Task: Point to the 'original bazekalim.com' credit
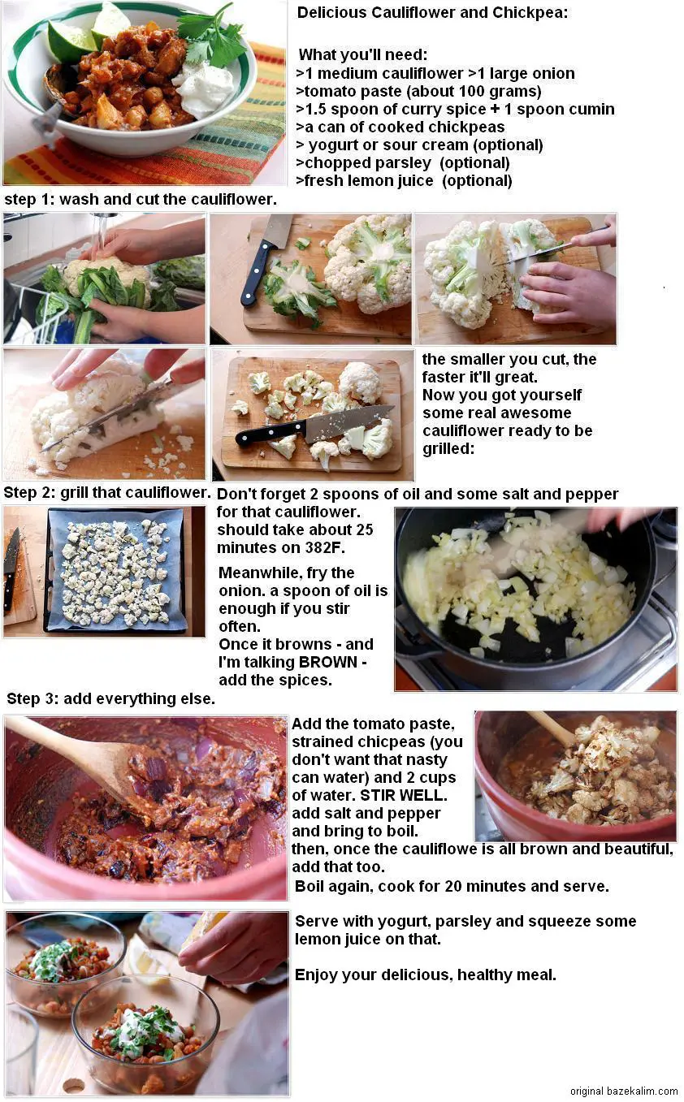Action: [x=623, y=1091]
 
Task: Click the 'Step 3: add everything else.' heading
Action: [x=110, y=698]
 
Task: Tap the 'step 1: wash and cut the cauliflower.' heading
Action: [x=141, y=199]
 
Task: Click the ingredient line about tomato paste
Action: [x=418, y=91]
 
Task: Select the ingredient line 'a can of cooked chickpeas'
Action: [x=400, y=127]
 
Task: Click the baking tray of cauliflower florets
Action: [x=115, y=570]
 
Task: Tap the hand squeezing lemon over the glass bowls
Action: [x=232, y=946]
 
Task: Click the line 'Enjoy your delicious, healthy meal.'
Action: [x=425, y=975]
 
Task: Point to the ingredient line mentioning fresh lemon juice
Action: [x=404, y=180]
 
